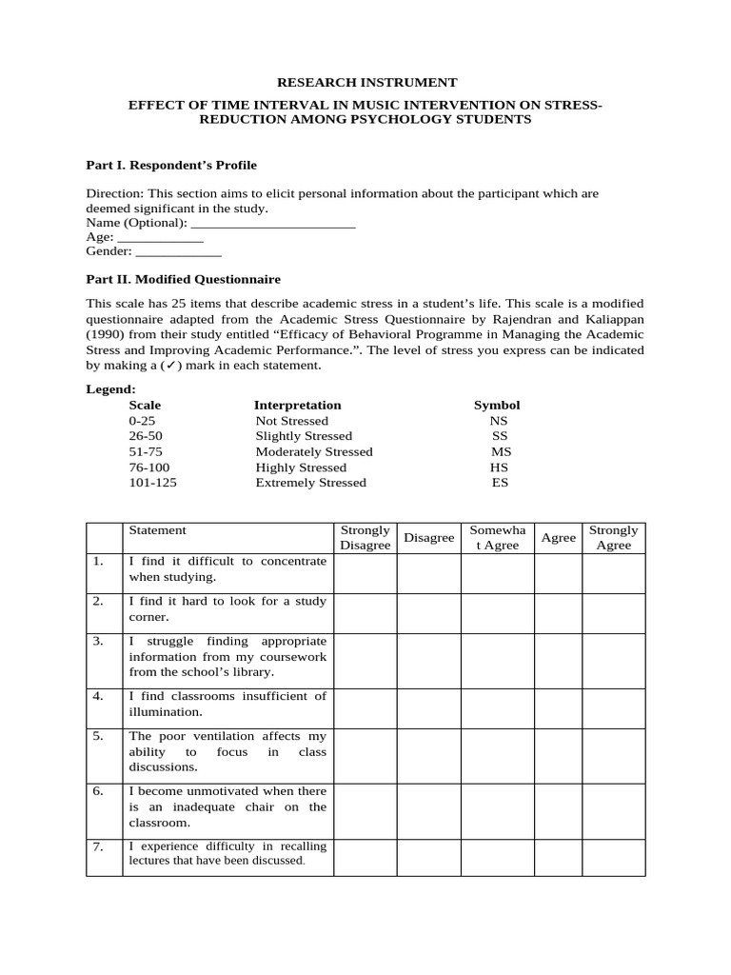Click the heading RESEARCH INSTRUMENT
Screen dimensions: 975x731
point(365,83)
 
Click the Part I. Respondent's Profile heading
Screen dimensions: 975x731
point(171,165)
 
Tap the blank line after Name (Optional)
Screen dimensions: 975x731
point(273,223)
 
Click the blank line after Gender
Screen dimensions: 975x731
point(178,251)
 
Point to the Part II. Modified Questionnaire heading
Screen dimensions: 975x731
point(183,279)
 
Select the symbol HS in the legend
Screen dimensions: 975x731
point(499,468)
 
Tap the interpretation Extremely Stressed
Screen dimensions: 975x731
point(310,483)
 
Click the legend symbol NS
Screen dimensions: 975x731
point(499,421)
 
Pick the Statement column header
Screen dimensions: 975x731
point(158,530)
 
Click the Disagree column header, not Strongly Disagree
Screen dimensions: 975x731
point(428,538)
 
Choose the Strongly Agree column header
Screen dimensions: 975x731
point(613,538)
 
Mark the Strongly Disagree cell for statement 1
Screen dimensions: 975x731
point(365,573)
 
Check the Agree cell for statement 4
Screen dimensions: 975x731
point(558,708)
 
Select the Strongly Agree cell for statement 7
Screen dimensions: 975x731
point(613,857)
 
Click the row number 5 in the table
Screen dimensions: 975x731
point(98,736)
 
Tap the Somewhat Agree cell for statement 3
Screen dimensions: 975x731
point(497,661)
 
